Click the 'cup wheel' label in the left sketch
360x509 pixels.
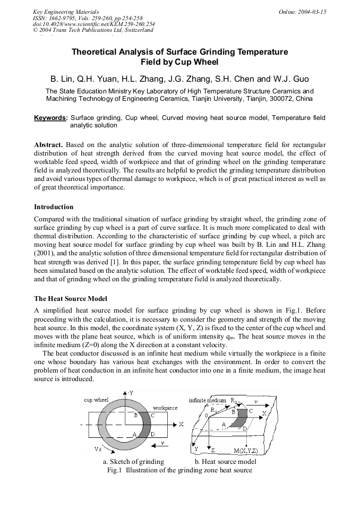pyautogui.click(x=96, y=400)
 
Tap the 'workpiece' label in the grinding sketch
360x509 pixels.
pyautogui.click(x=165, y=408)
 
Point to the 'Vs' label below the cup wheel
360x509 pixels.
pyautogui.click(x=98, y=449)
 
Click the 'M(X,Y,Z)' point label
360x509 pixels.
pyautogui.click(x=246, y=451)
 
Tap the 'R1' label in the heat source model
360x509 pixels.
pyautogui.click(x=213, y=410)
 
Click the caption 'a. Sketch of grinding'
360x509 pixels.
pyautogui.click(x=133, y=462)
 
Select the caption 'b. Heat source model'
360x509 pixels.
pyautogui.click(x=226, y=462)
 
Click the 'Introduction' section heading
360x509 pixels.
pyautogui.click(x=54, y=207)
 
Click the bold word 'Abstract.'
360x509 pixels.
pyautogui.click(x=49, y=144)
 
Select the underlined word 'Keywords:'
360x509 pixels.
pyautogui.click(x=51, y=117)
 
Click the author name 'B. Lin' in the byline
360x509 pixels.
pyautogui.click(x=62, y=79)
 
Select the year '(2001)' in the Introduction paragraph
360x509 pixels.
pyautogui.click(x=46, y=253)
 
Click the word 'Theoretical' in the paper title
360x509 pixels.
pyautogui.click(x=97, y=52)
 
